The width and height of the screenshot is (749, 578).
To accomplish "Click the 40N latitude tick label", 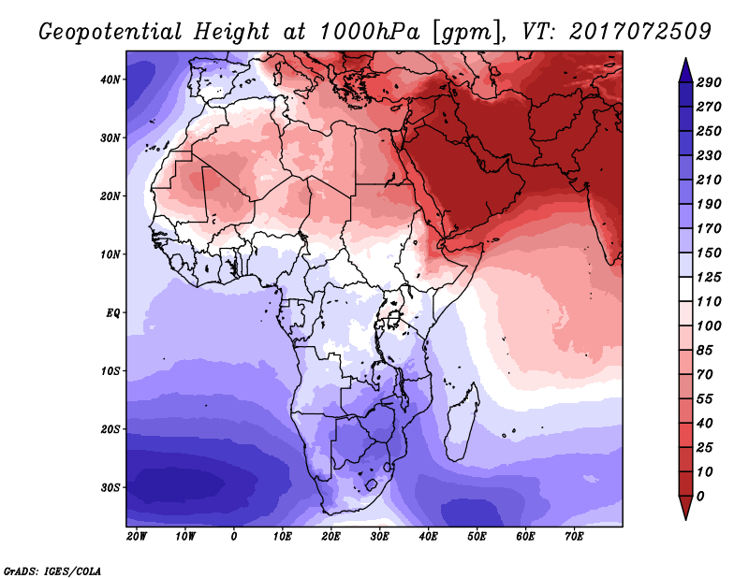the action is point(110,79).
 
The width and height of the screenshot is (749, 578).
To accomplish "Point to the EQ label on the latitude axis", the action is point(112,313).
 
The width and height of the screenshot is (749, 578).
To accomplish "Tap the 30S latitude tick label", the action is point(110,488).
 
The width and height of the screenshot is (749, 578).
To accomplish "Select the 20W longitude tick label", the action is point(136,537).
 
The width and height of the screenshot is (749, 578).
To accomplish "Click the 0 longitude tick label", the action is point(233,537).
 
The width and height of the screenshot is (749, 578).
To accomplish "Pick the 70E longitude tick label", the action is point(574,537).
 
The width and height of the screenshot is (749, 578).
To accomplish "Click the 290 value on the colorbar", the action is point(709,82).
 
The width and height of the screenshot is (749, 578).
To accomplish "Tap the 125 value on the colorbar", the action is point(709,277).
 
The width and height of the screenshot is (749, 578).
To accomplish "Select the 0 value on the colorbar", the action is point(700,497).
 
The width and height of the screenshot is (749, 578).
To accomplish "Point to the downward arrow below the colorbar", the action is point(685,508).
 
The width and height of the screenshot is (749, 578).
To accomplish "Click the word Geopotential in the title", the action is point(110,32).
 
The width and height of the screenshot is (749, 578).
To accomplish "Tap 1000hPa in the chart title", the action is point(369,32).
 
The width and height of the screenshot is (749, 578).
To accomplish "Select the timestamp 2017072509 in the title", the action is point(640,32).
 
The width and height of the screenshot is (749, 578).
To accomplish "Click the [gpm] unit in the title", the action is point(463,33).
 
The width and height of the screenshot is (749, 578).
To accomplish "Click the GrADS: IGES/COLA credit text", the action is point(52,571).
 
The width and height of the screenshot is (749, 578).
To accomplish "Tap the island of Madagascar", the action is point(462,423).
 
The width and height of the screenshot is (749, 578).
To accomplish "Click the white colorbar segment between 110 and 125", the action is point(685,289).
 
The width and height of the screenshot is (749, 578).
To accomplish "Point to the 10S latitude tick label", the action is point(110,371).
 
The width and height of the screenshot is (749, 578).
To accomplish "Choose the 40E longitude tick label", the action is point(428,537).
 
